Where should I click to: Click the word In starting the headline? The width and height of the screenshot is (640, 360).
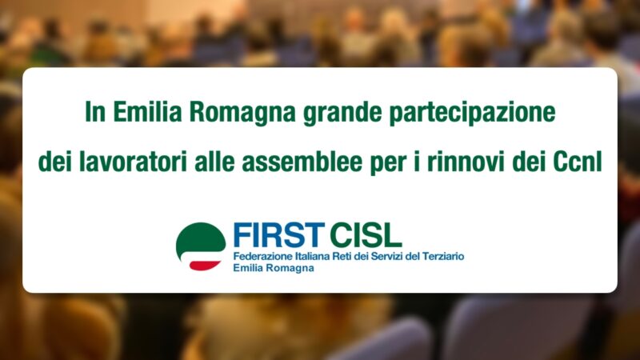[95, 112]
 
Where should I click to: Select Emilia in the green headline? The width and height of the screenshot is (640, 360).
[147, 112]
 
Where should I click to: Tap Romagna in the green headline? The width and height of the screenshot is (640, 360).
[242, 114]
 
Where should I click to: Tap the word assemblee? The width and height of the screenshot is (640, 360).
[302, 162]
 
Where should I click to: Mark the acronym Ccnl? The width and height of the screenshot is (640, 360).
[578, 162]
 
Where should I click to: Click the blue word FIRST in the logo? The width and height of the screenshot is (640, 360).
[278, 235]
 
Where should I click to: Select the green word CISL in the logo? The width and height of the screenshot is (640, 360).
[366, 235]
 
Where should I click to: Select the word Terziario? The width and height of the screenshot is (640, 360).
[443, 257]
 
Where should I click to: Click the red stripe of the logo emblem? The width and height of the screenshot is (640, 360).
[205, 266]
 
